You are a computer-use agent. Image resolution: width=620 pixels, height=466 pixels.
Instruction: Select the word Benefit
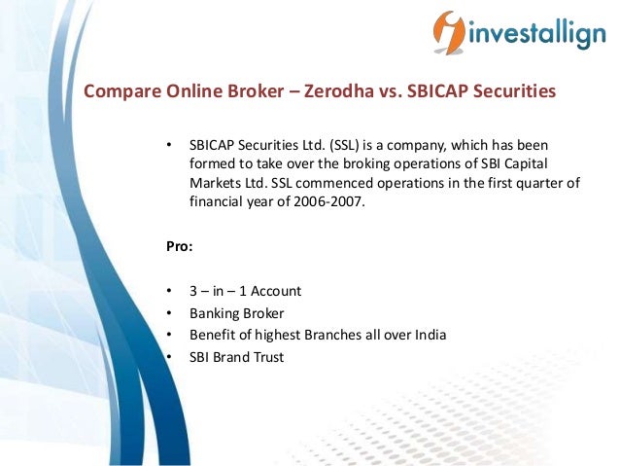click(x=213, y=336)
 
